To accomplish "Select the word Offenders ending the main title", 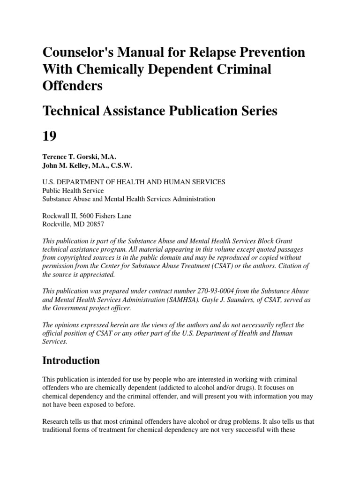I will coord(72,86).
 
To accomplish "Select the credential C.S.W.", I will coord(121,165).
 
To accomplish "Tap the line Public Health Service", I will coord(73,191).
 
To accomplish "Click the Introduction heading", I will coord(71,360).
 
